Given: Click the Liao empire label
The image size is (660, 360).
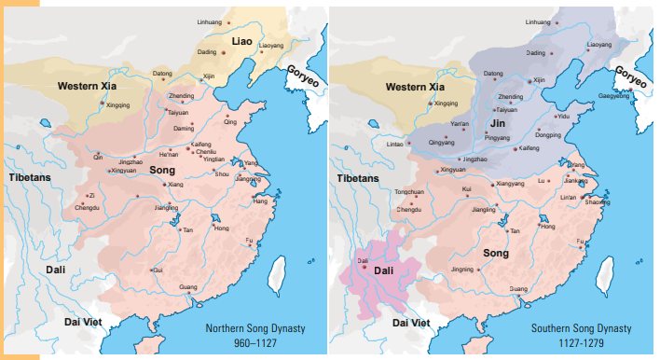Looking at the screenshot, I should coord(242,39).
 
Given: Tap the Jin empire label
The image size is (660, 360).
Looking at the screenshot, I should coord(498,121).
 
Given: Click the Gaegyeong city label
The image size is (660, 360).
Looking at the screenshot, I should coord(612,95).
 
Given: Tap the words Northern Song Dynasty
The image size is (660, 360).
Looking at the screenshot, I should coord(256,328).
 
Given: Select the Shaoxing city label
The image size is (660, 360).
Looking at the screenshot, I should coord(598,203).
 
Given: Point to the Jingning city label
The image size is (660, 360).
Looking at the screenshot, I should coord(462,270).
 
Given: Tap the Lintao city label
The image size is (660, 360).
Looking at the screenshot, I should coord(394,143).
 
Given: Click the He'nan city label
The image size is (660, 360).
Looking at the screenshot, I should coord(169,153).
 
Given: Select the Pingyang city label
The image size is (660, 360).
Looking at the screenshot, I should coord(499,137).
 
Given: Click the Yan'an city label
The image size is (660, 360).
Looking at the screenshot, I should coord(460,123).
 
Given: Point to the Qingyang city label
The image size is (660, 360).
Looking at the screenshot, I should coord(441,143).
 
